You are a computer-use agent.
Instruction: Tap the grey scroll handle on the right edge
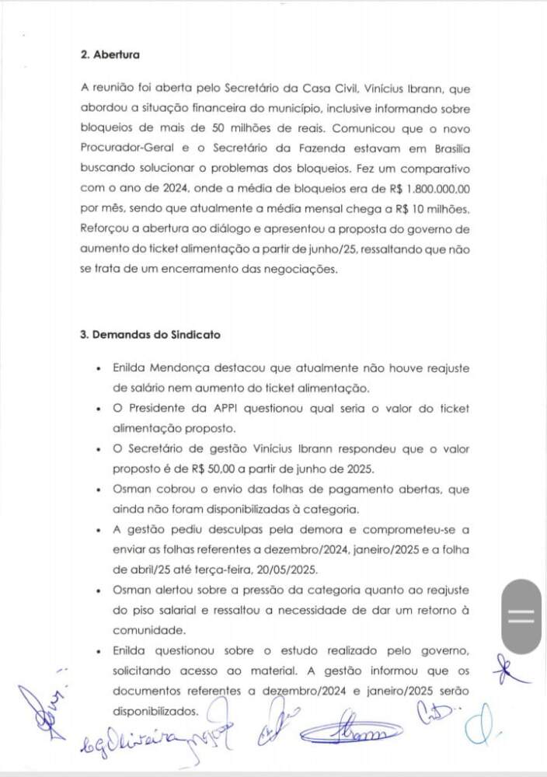coord(521,616)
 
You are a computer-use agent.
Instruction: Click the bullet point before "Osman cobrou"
coord(96,490)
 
